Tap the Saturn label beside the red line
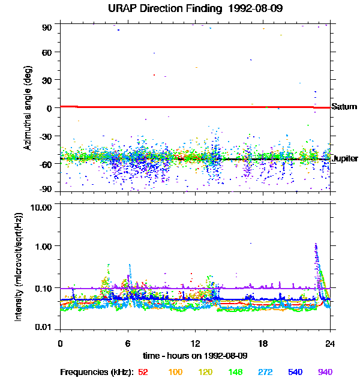344,107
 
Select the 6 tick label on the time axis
128,343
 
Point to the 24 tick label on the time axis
330,343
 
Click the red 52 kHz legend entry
143,373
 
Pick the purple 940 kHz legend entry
325,373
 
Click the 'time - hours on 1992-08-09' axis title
195,355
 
